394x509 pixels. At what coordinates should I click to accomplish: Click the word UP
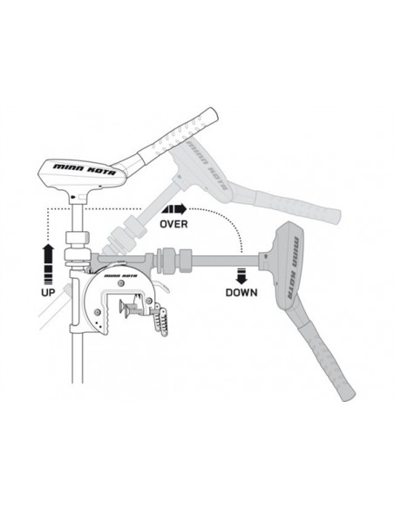click(48, 292)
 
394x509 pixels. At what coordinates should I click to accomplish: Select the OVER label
click(173, 224)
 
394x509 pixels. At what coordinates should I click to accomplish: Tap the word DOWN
click(241, 293)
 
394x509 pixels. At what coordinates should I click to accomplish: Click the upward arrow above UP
click(48, 264)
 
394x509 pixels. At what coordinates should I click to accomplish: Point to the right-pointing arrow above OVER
click(174, 209)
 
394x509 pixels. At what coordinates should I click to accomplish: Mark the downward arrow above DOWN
click(241, 276)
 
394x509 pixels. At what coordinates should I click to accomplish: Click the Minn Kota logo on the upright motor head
click(85, 169)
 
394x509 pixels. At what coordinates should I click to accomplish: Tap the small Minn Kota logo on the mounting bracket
click(121, 276)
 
